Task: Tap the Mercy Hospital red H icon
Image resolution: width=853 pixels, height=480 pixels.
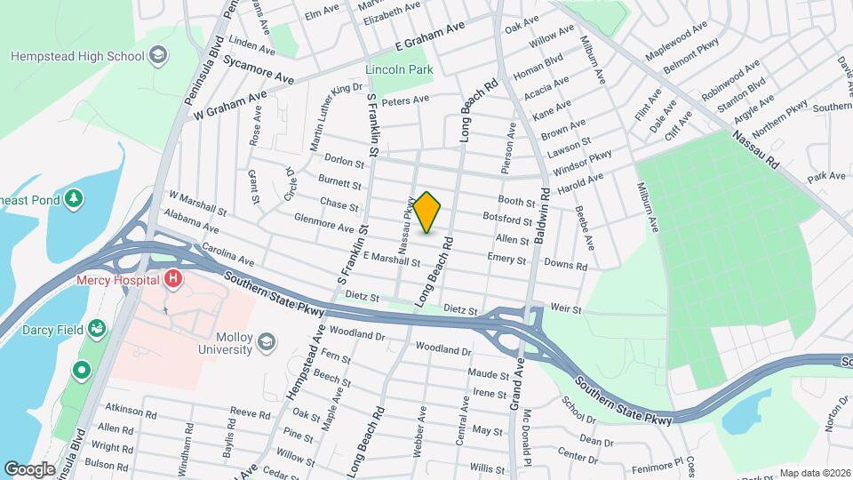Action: click(172, 280)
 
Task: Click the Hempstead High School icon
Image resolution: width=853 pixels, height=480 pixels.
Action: click(157, 57)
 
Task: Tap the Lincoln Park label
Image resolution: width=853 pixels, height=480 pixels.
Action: click(398, 68)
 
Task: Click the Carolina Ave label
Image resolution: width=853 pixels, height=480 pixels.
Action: click(227, 255)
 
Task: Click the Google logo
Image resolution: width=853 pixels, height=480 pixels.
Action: click(29, 468)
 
